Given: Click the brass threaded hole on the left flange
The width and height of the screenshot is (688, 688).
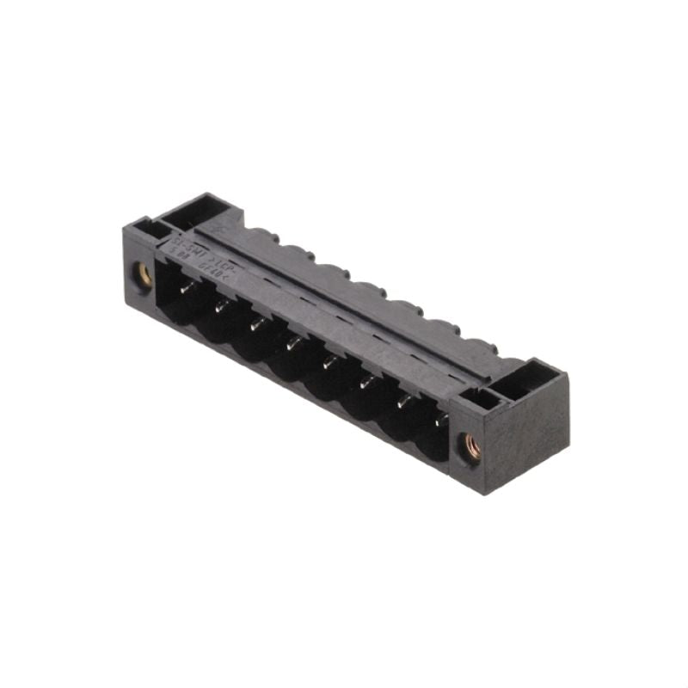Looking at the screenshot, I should click(144, 275).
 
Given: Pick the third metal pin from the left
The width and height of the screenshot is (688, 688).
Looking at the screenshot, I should click(257, 324).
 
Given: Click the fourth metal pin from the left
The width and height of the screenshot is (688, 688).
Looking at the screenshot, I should click(292, 343).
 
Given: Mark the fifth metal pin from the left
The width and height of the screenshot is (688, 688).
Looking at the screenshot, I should click(329, 362).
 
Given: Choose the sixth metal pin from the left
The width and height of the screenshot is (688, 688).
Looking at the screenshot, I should click(365, 381).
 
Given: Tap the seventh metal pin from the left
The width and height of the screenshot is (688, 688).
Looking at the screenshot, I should click(402, 400).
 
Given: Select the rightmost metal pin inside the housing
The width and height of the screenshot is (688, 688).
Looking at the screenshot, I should click(440, 419).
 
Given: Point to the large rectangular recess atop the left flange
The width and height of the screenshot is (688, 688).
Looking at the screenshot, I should click(194, 209).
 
